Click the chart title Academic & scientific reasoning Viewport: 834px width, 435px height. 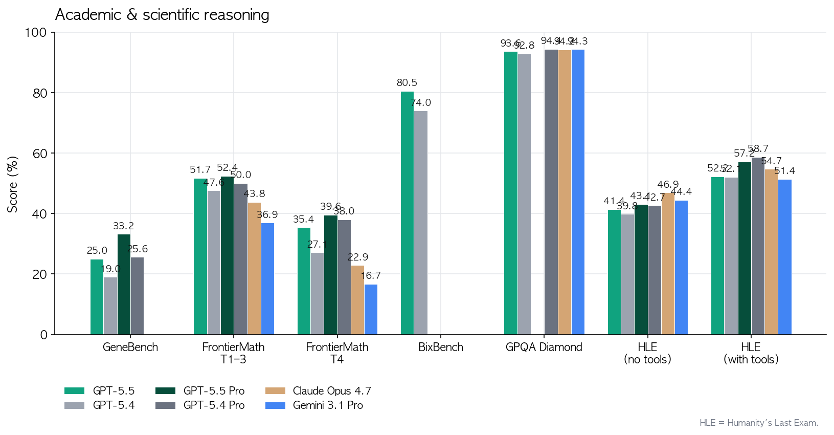[162, 15]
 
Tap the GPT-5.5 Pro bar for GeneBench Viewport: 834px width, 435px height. [124, 284]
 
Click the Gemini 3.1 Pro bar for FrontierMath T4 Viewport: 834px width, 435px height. [371, 309]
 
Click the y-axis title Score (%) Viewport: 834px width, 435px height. [12, 184]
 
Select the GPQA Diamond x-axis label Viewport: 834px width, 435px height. [544, 347]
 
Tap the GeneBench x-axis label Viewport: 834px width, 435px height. [130, 347]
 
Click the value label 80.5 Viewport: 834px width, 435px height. [407, 82]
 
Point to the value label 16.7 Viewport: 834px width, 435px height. [371, 276]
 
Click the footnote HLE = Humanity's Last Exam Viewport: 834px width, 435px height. [759, 423]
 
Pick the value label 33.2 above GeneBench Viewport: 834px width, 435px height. [124, 226]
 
